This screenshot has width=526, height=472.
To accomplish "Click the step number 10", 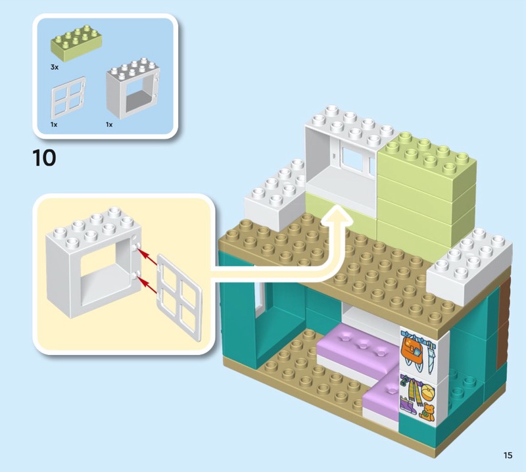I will [44, 158].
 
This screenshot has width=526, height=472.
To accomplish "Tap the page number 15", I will [508, 455].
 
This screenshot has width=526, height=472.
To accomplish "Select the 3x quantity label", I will [55, 67].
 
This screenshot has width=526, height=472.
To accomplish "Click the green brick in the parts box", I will [76, 43].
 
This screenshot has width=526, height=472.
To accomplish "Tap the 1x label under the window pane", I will [55, 124].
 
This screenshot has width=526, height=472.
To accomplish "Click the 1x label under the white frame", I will [110, 124].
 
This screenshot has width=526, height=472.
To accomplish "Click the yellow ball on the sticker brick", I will [427, 393].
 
